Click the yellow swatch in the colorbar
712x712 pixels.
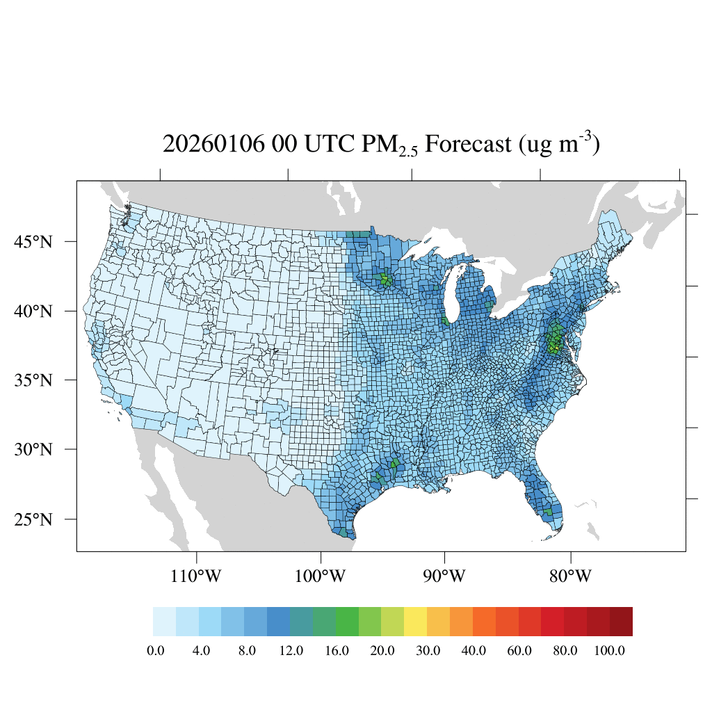(416, 622)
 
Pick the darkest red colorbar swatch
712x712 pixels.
(621, 622)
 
